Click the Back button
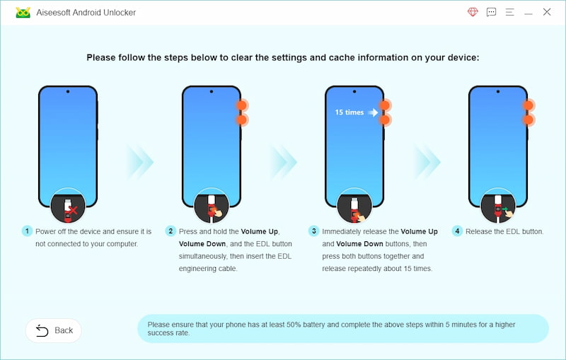click(x=54, y=330)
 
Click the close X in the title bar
click(x=546, y=12)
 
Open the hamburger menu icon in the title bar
click(x=509, y=12)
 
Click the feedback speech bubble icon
click(x=491, y=12)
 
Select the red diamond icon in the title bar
click(x=473, y=12)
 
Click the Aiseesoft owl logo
click(x=23, y=13)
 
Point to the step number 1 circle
click(x=27, y=231)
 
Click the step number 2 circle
click(x=171, y=231)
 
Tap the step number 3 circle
click(x=313, y=231)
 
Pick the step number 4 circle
click(x=457, y=231)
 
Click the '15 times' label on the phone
click(x=349, y=112)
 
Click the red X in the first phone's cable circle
click(x=74, y=210)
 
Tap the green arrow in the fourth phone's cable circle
click(x=505, y=209)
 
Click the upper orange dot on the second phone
click(x=241, y=105)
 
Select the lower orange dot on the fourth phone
click(x=528, y=120)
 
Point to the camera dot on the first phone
click(x=68, y=92)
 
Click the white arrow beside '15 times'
click(x=373, y=112)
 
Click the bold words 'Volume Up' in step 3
click(x=419, y=231)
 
